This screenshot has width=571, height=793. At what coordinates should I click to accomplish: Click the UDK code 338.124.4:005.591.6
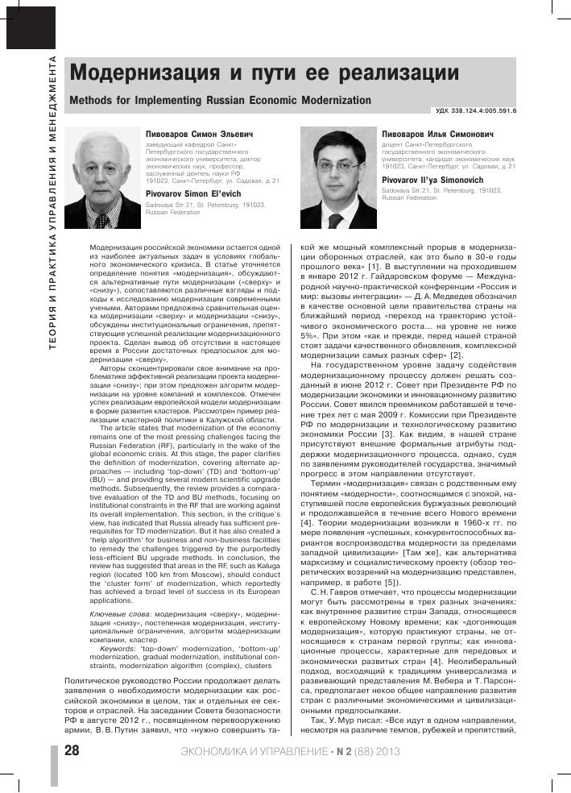[476, 112]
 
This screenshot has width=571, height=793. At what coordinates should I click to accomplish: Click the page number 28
[71, 751]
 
